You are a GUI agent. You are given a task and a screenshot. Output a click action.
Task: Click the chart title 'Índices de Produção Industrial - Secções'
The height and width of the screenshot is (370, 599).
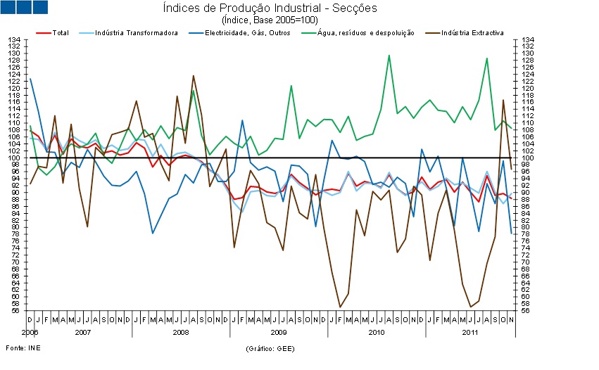pos(270,8)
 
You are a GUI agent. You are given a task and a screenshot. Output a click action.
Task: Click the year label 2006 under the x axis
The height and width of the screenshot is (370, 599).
pos(30,331)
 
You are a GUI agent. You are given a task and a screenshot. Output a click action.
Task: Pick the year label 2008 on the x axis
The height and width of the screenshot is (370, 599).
pos(180,331)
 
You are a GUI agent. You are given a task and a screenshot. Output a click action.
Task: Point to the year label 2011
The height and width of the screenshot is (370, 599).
pos(467,331)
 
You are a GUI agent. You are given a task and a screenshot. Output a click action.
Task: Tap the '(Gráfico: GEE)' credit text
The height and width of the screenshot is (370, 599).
pos(270,349)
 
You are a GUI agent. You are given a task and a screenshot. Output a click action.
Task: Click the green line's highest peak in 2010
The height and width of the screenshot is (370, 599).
pos(389,56)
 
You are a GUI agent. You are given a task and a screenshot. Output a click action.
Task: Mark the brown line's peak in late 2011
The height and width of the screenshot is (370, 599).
pos(503,100)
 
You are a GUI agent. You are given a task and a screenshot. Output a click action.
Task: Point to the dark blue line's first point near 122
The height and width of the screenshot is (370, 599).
pos(30,79)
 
